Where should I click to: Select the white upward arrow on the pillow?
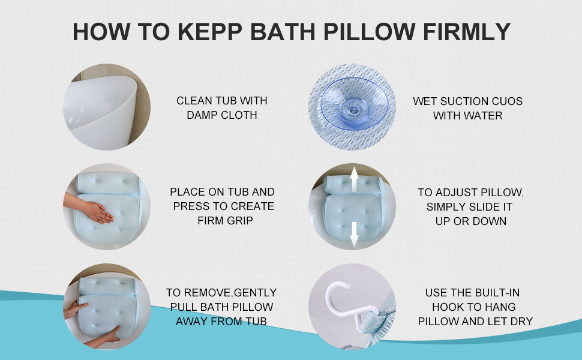point(354,179)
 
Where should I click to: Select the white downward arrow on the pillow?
point(354,234)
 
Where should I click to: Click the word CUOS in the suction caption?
point(506,101)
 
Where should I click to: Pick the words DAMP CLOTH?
point(222,115)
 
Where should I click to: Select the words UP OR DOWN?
point(470,221)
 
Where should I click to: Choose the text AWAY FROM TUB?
point(221,322)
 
